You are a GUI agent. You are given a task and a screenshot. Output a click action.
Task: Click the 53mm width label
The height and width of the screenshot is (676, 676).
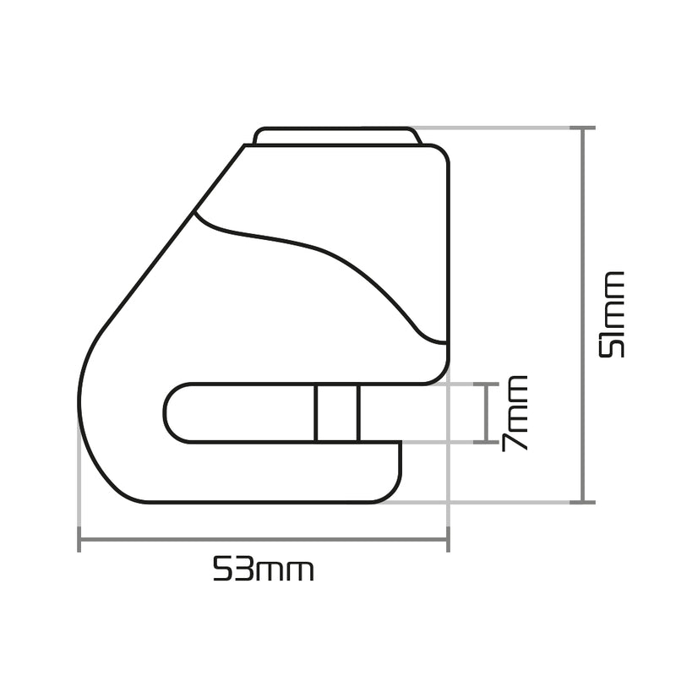[x=264, y=568]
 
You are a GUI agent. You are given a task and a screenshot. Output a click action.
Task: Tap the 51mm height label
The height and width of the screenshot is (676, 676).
[x=612, y=314]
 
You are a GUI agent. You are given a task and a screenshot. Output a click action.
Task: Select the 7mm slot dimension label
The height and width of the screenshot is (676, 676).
[x=515, y=413]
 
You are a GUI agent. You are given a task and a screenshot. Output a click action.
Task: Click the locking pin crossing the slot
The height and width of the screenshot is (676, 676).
[x=337, y=413]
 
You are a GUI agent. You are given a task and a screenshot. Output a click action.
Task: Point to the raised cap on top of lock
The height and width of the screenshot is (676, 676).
[x=336, y=135]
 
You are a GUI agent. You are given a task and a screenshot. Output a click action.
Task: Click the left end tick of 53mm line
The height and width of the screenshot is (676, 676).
[x=79, y=539]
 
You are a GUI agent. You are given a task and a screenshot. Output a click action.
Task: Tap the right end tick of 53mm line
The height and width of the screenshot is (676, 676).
[x=448, y=539]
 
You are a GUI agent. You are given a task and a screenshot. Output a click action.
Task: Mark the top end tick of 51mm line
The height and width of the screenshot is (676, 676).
[x=583, y=128]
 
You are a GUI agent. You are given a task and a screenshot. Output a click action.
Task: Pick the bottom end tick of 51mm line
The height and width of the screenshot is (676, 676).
[x=583, y=502]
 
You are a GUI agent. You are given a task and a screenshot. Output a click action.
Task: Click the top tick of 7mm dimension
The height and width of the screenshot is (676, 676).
[x=487, y=384]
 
